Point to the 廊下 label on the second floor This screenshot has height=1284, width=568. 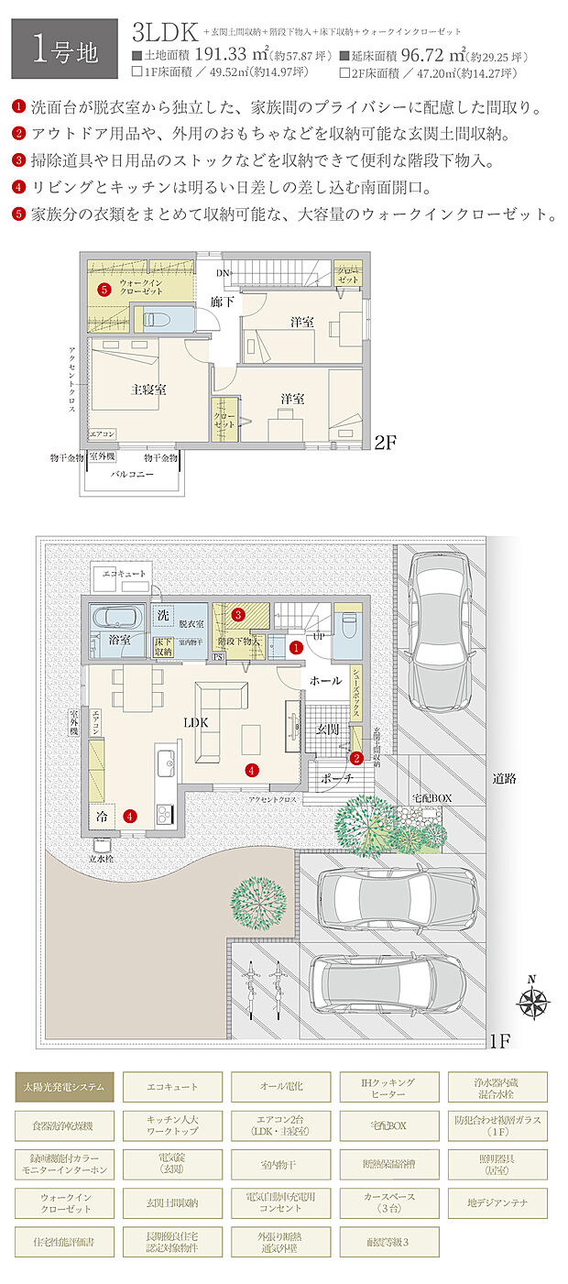224,302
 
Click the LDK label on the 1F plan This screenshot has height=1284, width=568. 196,722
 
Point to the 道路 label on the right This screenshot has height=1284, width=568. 505,779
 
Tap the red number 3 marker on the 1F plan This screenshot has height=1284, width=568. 237,614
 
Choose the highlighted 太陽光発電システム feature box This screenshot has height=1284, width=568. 64,1086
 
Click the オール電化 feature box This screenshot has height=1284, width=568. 280,1086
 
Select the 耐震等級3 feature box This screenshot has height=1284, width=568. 388,1242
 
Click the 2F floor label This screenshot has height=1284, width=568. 385,442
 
